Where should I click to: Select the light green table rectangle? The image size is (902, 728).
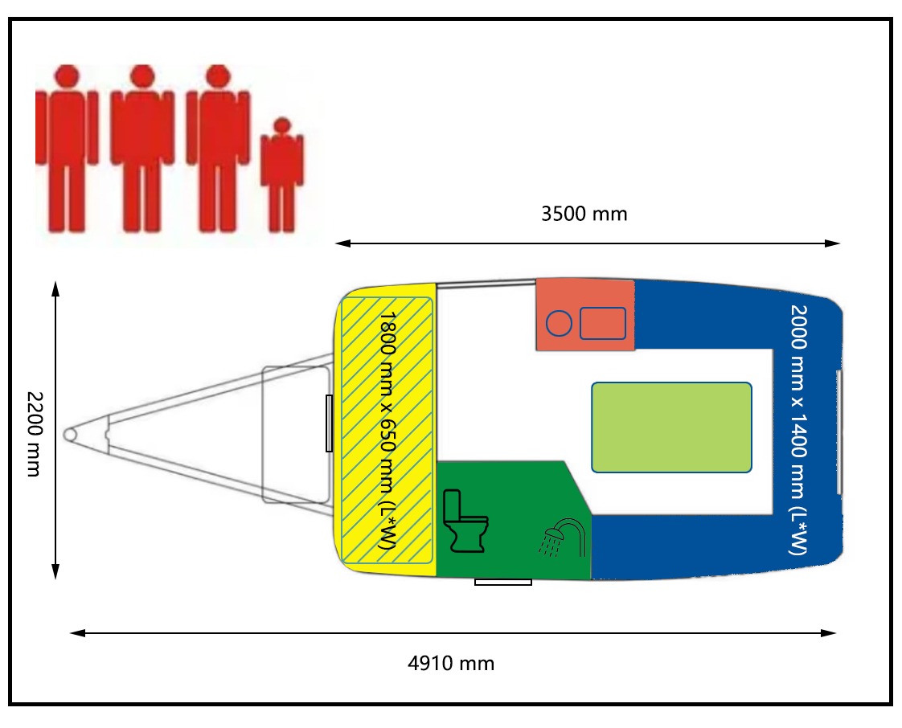coord(671,427)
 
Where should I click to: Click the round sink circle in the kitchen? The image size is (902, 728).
coord(559,324)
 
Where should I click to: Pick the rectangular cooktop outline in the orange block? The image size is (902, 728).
coord(603,323)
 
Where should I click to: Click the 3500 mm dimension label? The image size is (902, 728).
coord(584,214)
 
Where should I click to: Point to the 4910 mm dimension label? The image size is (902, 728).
coord(451,664)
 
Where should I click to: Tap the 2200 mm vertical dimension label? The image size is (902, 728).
coord(34,433)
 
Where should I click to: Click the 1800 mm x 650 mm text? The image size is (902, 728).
coord(387,431)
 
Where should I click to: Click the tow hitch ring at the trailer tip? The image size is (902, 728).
coord(72,432)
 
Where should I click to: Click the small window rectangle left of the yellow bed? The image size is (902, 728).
coord(329,423)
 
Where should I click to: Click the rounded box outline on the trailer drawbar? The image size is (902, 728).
coord(297,434)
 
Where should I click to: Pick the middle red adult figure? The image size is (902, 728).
coord(141,148)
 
